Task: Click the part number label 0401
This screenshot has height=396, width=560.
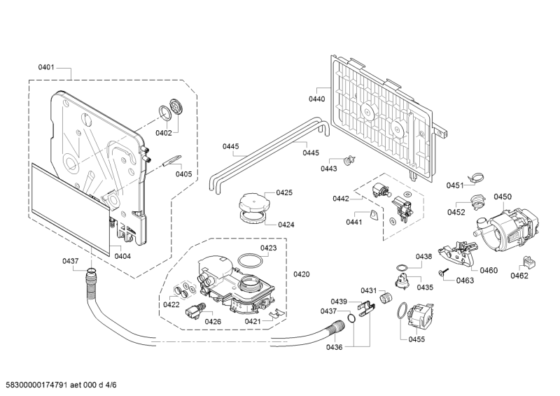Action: click(x=46, y=68)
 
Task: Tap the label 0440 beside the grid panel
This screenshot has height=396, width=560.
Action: click(x=317, y=99)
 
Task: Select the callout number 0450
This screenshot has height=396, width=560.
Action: click(x=503, y=197)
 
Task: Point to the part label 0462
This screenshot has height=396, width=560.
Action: click(x=519, y=276)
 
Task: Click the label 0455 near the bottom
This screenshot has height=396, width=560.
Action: click(x=417, y=339)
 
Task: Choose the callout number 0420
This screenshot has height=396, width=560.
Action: click(x=302, y=274)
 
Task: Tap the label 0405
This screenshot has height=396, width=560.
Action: click(x=183, y=174)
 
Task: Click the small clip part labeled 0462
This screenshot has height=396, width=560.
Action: click(x=527, y=261)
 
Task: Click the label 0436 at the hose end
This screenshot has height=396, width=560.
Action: click(x=335, y=347)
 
